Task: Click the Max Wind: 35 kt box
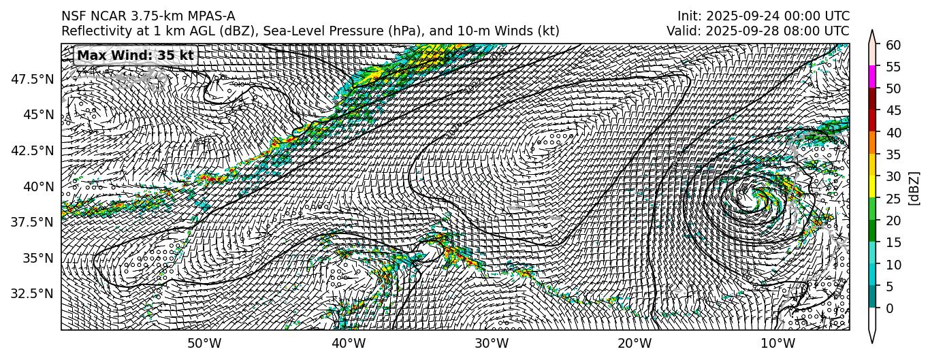pos(135,55)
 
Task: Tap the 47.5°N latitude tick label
pos(32,79)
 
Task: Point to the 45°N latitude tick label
pos(38,114)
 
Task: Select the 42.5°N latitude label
pos(32,150)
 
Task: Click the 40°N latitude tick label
pos(38,186)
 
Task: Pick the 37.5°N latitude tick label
pos(32,222)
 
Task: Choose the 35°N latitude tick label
pos(38,258)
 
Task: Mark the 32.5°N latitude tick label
pos(32,293)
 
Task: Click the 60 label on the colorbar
pos(893,44)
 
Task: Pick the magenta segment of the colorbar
pos(873,77)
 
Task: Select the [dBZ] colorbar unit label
pos(914,187)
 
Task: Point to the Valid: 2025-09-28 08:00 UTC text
pos(757,31)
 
